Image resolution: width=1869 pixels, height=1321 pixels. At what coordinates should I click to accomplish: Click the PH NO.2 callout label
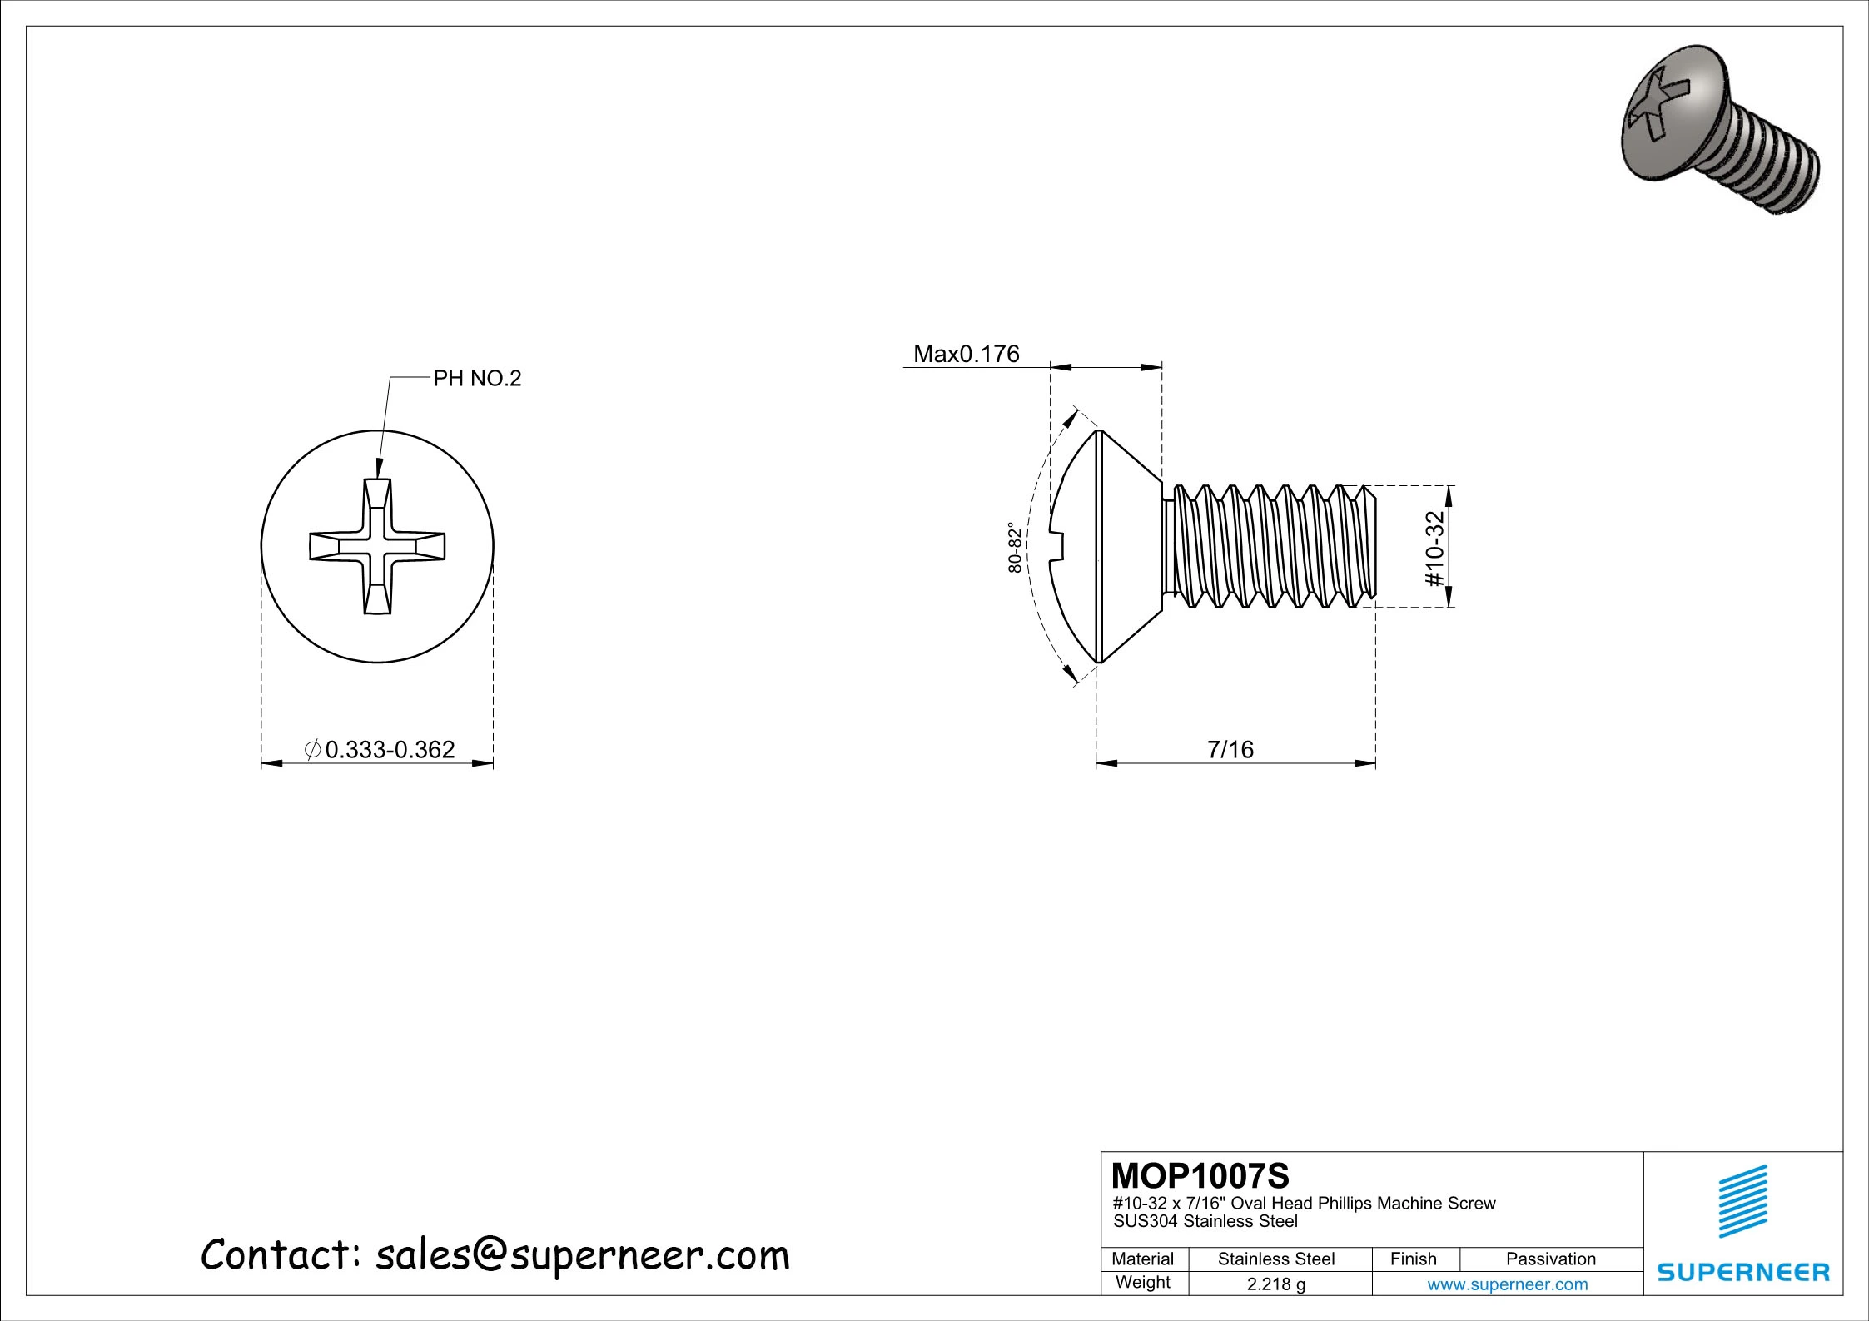477,379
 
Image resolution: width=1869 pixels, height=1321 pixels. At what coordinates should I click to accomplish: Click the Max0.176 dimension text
966,354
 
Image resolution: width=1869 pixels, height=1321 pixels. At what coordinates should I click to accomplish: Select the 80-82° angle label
1014,547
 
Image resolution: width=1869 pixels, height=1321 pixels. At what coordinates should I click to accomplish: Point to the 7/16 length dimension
1230,749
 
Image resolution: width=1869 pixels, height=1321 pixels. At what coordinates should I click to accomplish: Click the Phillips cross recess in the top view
377,547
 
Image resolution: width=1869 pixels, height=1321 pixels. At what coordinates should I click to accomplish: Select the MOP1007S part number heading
1200,1176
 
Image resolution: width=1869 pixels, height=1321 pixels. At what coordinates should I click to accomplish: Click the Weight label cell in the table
1142,1282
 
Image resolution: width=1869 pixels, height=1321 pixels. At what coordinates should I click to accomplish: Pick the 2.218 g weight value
1275,1284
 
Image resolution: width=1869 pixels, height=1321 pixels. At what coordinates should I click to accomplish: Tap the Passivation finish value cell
1550,1259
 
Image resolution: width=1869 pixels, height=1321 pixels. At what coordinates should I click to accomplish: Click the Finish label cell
1413,1259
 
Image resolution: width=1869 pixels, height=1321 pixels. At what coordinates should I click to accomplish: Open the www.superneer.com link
1507,1284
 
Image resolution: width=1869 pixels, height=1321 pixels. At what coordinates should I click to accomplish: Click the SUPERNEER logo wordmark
1743,1272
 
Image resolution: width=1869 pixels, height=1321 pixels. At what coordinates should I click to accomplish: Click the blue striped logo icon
1742,1201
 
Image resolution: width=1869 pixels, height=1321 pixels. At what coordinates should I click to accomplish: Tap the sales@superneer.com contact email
581,1254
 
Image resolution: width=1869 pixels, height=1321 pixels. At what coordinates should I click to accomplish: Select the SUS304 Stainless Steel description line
1205,1221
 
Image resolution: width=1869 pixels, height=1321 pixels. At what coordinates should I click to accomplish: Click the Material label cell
1142,1259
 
